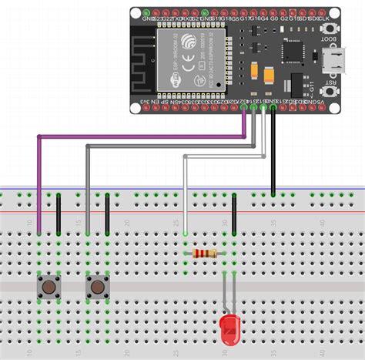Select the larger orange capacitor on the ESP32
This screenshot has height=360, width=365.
(x=270, y=76)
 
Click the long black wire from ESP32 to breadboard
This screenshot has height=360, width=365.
(x=273, y=154)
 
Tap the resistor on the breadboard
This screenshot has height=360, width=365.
(x=204, y=254)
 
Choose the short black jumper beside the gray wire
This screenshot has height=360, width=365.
(x=107, y=214)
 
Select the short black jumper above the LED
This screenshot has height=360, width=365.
(x=233, y=220)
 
